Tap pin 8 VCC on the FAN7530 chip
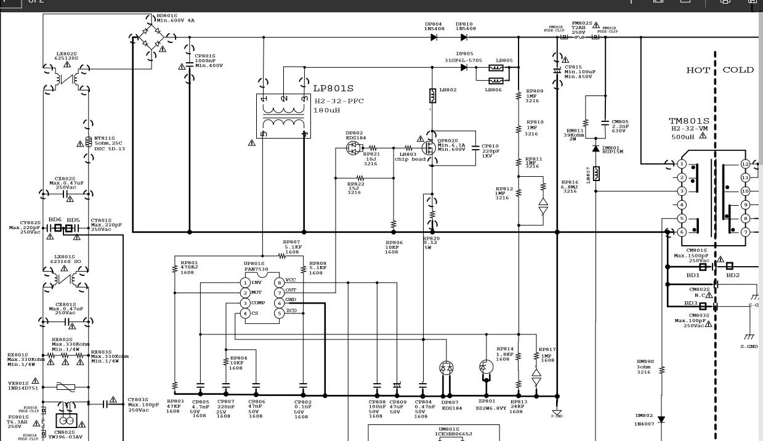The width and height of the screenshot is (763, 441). point(280,283)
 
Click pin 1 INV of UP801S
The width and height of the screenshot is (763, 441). point(245,283)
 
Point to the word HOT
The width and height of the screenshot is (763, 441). point(698,70)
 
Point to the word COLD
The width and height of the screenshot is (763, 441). point(738,70)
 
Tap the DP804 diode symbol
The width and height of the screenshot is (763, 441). point(434,37)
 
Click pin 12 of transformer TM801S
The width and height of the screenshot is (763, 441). point(745,164)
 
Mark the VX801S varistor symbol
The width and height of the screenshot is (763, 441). point(65,386)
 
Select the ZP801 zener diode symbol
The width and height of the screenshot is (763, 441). point(486,368)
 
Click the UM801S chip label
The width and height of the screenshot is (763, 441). point(448,429)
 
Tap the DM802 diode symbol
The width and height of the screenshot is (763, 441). point(661,419)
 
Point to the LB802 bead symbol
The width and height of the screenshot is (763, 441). point(432,96)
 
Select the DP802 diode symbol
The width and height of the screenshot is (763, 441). point(353,148)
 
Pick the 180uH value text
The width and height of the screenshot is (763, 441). point(327,110)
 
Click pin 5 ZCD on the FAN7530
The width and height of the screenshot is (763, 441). point(280,313)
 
